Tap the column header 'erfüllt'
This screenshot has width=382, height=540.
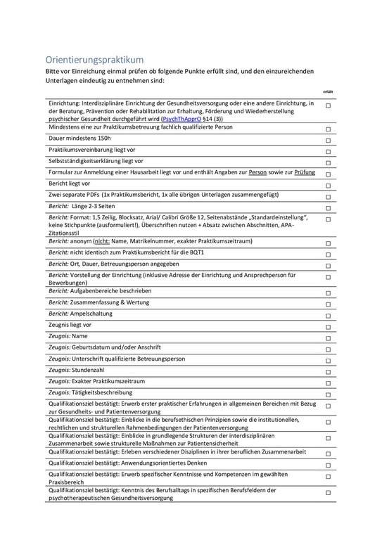(328, 91)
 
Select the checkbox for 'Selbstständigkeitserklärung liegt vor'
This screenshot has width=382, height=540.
(329, 162)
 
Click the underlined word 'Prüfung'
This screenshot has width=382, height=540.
(305, 172)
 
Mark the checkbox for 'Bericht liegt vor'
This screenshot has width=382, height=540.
(329, 185)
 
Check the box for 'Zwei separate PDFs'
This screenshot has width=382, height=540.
(329, 196)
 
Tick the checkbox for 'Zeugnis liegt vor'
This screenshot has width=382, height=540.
(329, 327)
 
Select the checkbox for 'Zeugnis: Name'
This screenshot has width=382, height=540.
(329, 338)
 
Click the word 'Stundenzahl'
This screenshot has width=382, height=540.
(93, 369)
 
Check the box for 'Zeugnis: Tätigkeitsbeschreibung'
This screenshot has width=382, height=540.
(329, 394)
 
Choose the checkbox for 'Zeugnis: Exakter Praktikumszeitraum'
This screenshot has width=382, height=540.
(329, 382)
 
